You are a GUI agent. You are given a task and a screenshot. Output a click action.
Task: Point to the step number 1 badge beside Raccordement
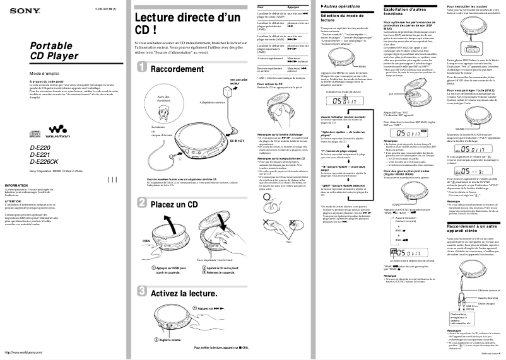[x=143, y=68]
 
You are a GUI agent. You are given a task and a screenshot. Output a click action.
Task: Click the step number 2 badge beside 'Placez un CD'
[x=143, y=204]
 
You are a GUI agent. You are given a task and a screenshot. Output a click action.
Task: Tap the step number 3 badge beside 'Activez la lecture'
[x=143, y=293]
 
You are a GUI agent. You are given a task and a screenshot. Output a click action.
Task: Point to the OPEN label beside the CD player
[x=146, y=241]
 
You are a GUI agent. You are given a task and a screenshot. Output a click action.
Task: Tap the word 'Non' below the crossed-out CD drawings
[x=288, y=242]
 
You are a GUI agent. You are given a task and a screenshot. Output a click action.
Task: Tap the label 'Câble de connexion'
[x=486, y=290]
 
